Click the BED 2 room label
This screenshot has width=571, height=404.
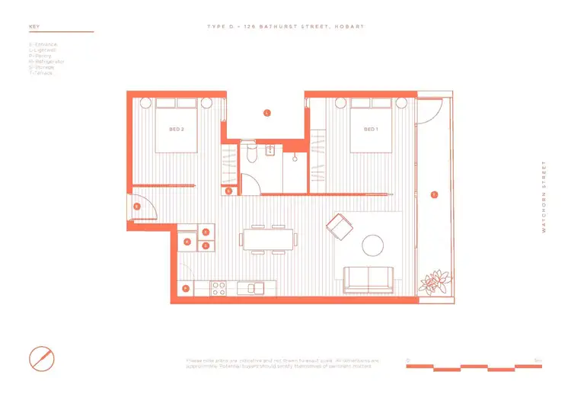177,130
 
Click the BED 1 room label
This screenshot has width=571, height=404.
371,130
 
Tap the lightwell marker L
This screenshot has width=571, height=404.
266,113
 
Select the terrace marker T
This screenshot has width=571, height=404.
434,194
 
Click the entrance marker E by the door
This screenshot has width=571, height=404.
136,206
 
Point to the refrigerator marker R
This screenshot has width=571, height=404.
187,242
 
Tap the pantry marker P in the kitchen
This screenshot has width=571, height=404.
186,288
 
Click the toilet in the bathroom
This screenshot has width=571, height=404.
251,155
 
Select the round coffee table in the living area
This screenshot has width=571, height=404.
373,245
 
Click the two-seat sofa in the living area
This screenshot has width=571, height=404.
369,279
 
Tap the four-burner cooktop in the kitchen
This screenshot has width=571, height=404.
219,288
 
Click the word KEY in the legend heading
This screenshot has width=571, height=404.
33,27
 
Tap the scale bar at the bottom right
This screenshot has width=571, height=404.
474,367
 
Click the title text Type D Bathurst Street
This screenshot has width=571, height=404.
285,27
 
